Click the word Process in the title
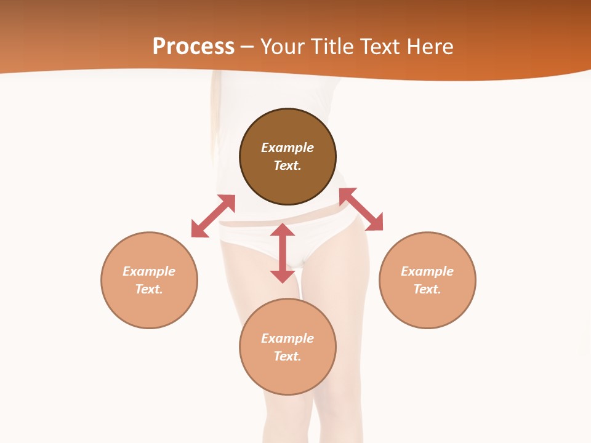click(x=193, y=47)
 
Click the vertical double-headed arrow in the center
click(x=283, y=253)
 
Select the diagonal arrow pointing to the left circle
click(x=213, y=215)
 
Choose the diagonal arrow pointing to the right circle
click(x=361, y=209)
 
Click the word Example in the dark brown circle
click(x=287, y=148)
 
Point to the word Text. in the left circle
click(x=149, y=289)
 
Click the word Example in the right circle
click(x=427, y=271)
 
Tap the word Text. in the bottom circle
click(x=287, y=356)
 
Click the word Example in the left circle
click(x=149, y=271)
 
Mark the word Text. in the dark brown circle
click(x=287, y=166)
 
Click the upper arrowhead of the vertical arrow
click(x=283, y=230)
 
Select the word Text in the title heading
click(x=381, y=47)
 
